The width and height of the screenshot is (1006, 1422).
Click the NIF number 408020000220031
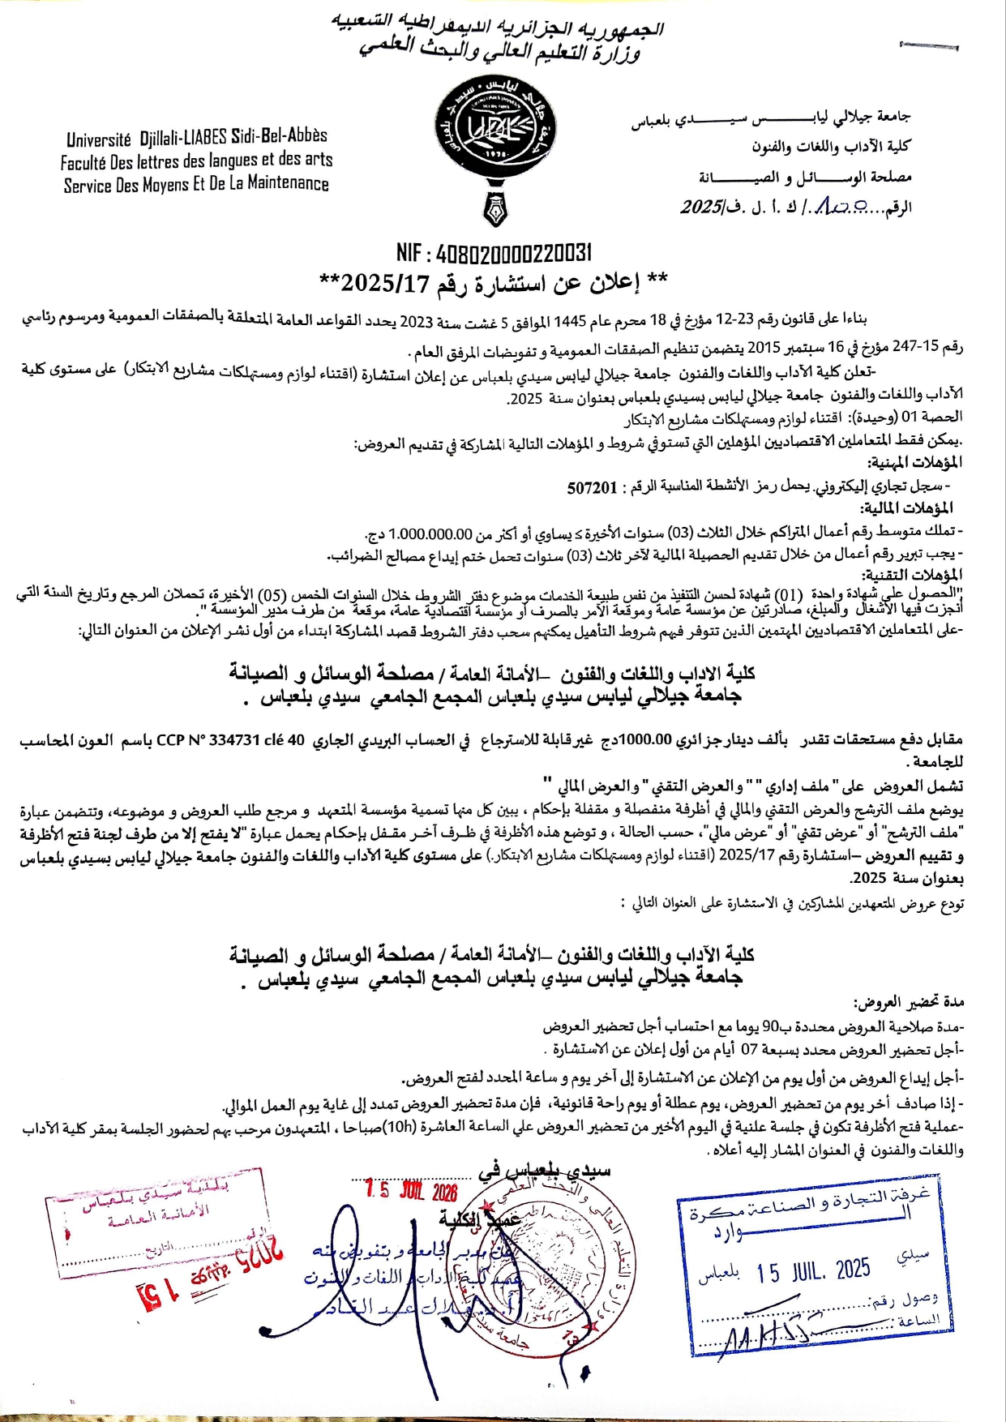coord(514,254)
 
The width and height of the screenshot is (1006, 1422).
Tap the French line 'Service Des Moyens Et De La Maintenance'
coord(196,184)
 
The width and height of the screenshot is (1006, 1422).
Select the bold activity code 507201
coord(592,487)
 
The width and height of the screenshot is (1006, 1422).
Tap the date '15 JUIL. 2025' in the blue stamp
coord(813,1270)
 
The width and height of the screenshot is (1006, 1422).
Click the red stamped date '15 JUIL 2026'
coord(411,1190)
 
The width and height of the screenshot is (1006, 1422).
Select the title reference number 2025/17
coord(383,283)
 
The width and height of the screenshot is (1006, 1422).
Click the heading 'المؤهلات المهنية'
coord(914,463)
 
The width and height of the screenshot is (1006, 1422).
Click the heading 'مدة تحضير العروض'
coord(909,1002)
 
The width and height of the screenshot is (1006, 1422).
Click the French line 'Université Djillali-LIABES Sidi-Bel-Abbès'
coord(197,137)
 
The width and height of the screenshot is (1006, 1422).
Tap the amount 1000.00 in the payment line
coord(647,739)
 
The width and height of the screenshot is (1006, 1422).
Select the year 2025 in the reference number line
coord(700,208)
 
